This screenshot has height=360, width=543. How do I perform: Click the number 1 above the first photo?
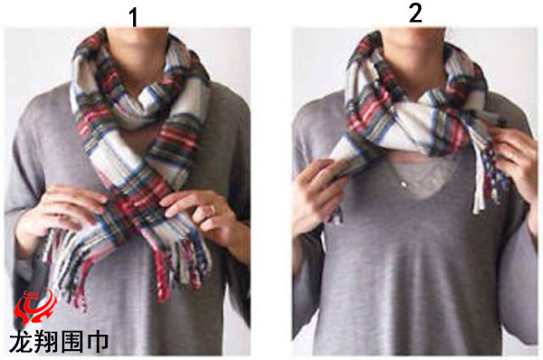134,17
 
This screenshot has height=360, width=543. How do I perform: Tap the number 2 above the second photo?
415,14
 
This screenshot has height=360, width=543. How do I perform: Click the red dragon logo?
34,307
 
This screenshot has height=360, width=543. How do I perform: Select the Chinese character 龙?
22,342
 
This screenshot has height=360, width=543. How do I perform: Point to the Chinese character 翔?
47,342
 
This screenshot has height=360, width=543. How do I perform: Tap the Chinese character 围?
71,342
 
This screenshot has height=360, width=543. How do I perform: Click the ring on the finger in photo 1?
213,209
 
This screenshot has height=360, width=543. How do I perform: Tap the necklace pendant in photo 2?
403,185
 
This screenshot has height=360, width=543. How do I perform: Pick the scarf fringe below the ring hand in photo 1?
180,263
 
